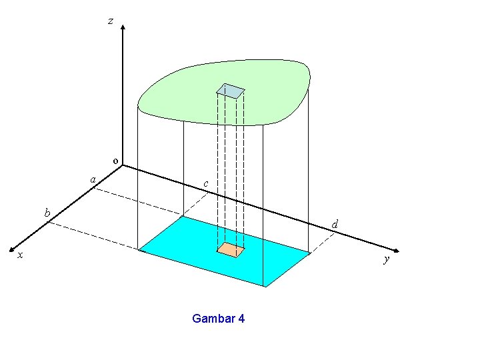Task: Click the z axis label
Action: pos(111,21)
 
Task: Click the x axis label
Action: pos(20,255)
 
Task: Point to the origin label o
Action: pos(115,161)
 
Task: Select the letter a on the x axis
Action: pos(93,179)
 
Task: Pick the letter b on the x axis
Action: pos(47,213)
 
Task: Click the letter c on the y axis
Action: pos(205,183)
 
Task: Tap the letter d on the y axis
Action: pos(334,225)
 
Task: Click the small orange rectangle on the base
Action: pos(231,249)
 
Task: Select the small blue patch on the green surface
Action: pos(231,91)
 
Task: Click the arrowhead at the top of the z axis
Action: pos(123,29)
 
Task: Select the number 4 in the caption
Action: pos(241,319)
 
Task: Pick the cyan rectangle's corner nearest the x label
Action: pos(139,251)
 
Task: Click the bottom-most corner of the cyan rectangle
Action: pos(265,287)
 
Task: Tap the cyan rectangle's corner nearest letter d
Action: pos(311,253)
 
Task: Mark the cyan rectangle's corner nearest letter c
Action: pos(183,216)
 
